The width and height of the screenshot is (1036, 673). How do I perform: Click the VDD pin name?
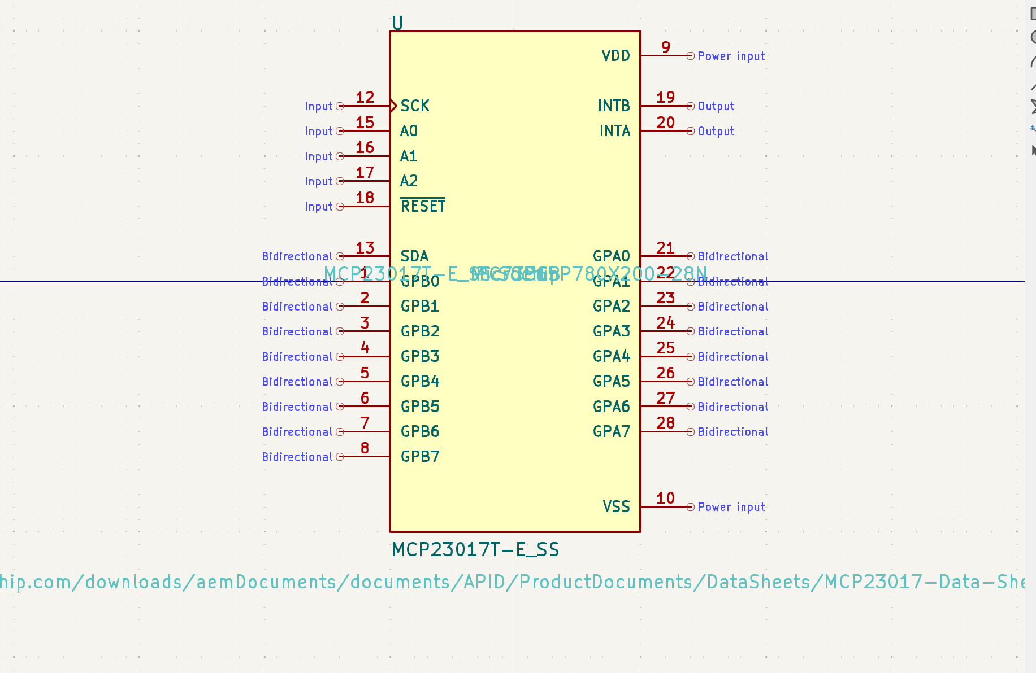pos(615,56)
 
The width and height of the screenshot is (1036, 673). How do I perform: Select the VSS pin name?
pos(616,506)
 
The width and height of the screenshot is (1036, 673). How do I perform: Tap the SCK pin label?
pos(415,106)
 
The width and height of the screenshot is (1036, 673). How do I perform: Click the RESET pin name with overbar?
pos(423,206)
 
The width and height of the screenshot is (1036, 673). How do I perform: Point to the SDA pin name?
pos(414,256)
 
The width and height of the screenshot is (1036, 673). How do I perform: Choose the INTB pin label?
pos(614,106)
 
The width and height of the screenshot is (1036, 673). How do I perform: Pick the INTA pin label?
pos(614,131)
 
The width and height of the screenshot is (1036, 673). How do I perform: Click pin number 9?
pos(666,47)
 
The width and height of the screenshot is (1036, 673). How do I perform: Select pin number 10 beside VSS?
pos(665,498)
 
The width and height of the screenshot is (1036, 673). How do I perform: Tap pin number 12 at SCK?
pos(365,98)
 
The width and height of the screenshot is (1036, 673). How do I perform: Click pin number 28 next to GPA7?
pos(665,423)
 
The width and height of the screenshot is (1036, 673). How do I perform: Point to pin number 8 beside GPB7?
pos(365,448)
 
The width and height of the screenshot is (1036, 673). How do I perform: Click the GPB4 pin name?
pos(420,382)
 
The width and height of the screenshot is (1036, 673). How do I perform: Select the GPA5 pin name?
pos(611,382)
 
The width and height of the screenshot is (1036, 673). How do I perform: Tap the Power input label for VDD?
pos(731,56)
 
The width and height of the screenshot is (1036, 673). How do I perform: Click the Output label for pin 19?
pos(716,106)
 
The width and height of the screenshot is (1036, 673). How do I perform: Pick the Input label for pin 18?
pos(318,207)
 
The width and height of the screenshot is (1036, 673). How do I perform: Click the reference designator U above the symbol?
pos(397,23)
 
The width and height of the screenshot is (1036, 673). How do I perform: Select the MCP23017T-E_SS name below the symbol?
pos(475,549)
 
